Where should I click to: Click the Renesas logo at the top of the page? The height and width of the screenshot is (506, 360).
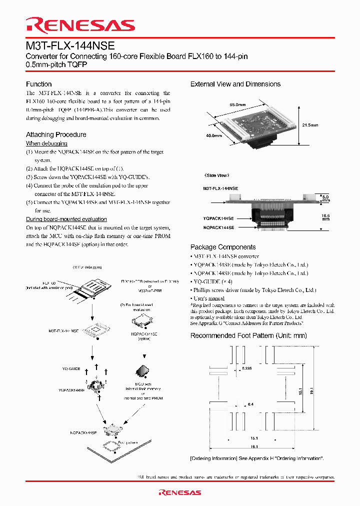[x=80, y=25]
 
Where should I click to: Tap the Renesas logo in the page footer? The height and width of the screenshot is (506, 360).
[x=179, y=492]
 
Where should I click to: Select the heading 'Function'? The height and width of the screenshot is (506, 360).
[x=39, y=84]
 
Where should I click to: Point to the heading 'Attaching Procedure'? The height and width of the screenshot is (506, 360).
[x=56, y=134]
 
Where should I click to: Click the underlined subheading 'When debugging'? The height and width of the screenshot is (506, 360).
[x=46, y=143]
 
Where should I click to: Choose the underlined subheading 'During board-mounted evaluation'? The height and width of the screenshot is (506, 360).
[x=66, y=219]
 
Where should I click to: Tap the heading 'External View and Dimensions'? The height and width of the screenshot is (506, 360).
[x=235, y=84]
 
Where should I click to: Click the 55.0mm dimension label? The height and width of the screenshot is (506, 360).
[x=237, y=104]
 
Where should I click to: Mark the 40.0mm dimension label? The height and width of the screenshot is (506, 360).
[x=214, y=135]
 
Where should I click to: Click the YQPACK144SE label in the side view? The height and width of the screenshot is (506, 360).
[x=218, y=218]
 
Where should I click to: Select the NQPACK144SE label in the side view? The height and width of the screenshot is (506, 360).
[x=218, y=227]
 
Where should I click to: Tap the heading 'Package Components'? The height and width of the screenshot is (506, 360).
[x=223, y=247]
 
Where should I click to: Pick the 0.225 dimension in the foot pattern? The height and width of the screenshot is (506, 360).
[x=246, y=368]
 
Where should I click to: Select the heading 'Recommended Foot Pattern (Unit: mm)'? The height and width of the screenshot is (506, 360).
[x=248, y=335]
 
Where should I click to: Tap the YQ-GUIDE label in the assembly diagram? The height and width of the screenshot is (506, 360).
[x=71, y=368]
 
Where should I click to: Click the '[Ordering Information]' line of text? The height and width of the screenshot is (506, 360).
[x=257, y=458]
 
